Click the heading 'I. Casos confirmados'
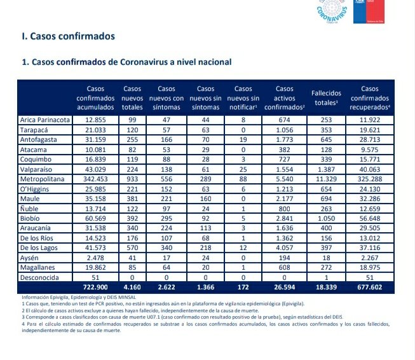coord(68,36)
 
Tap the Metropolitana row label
coord(43,181)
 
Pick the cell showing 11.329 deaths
coord(328,181)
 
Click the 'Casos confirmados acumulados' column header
coord(95,98)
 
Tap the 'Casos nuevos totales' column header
coord(132,98)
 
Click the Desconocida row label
coord(41,277)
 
